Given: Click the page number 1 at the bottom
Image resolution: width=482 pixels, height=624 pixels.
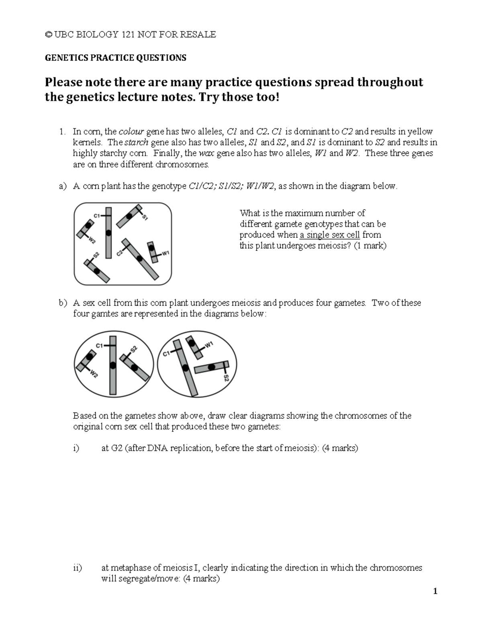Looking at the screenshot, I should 435,591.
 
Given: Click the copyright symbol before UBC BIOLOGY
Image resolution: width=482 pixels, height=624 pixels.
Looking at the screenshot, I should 48,35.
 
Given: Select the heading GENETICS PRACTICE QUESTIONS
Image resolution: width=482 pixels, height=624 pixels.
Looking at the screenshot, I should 115,58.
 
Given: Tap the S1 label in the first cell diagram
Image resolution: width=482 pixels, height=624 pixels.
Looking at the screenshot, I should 145,217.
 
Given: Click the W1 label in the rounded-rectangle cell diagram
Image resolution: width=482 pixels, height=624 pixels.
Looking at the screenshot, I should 166,253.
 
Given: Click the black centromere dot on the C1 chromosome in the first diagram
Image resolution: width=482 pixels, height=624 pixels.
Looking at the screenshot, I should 108,233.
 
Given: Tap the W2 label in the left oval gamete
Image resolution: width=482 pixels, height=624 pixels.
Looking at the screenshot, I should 94,374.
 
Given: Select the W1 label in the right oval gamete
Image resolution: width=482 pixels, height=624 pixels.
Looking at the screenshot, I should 209,345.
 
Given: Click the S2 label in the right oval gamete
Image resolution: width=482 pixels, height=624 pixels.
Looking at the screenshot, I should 226,378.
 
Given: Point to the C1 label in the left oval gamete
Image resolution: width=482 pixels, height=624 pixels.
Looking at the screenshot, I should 100,345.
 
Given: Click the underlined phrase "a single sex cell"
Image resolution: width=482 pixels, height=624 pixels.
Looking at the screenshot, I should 330,235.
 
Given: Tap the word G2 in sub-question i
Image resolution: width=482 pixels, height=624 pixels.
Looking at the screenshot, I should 116,448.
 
